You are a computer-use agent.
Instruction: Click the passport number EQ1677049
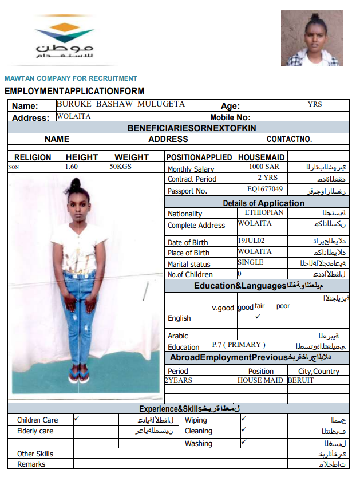265,188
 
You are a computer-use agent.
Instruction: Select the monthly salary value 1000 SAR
264,167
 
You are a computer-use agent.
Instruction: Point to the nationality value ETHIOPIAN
264,212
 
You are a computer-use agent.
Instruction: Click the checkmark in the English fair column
258,316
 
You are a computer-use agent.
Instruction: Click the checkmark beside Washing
244,442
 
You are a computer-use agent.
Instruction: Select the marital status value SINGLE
251,262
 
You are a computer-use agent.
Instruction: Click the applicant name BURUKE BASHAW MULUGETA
120,104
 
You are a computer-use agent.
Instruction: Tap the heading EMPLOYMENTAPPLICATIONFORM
74,91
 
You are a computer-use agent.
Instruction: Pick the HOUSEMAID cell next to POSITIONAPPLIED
261,157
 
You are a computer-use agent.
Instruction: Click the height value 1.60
72,167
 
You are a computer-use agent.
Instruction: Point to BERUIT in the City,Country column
300,380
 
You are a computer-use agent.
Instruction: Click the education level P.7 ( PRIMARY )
239,345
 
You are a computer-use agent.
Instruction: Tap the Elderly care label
35,431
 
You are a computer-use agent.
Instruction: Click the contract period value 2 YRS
267,178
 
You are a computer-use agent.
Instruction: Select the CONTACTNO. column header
289,139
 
